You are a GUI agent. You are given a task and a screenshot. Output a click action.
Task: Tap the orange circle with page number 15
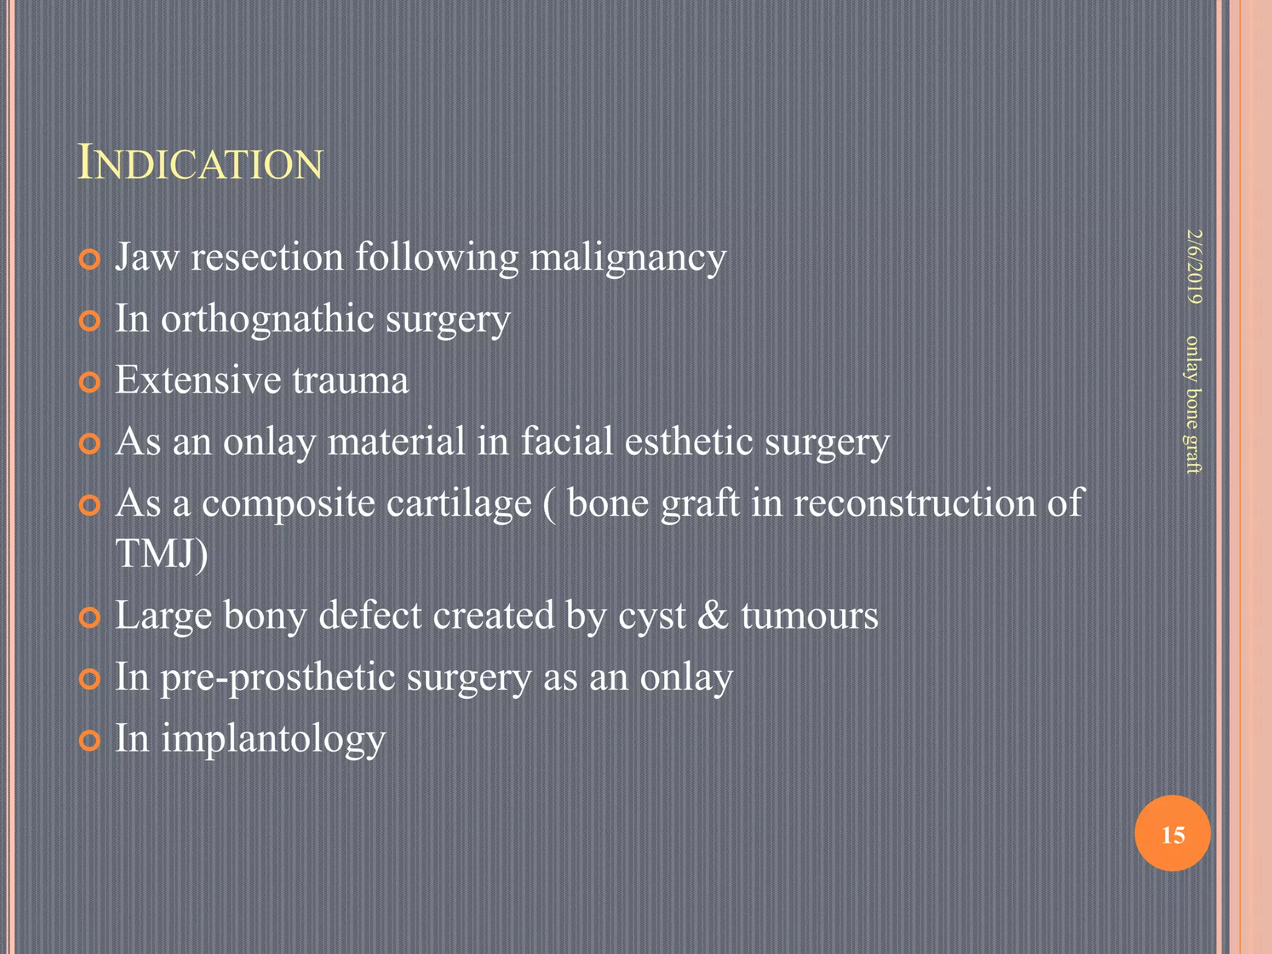tap(1172, 834)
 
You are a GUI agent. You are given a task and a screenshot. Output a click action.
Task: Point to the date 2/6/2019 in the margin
tap(1193, 267)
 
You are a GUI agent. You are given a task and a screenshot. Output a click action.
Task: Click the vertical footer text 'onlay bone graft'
tap(1193, 404)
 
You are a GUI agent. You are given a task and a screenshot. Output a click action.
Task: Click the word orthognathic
tap(268, 319)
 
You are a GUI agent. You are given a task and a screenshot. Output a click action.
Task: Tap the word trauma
tap(350, 380)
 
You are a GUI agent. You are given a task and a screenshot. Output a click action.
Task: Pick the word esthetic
tap(689, 442)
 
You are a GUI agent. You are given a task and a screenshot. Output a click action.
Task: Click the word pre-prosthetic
tap(278, 677)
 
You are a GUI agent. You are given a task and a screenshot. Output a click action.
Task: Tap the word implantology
tap(273, 739)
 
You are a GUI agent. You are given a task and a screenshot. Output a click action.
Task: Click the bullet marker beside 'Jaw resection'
tap(90, 260)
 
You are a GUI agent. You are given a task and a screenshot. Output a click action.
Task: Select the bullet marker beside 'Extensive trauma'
tap(90, 383)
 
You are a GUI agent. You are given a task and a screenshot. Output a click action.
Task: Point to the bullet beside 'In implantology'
tap(90, 741)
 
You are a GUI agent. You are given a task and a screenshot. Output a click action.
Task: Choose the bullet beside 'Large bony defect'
tap(90, 618)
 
